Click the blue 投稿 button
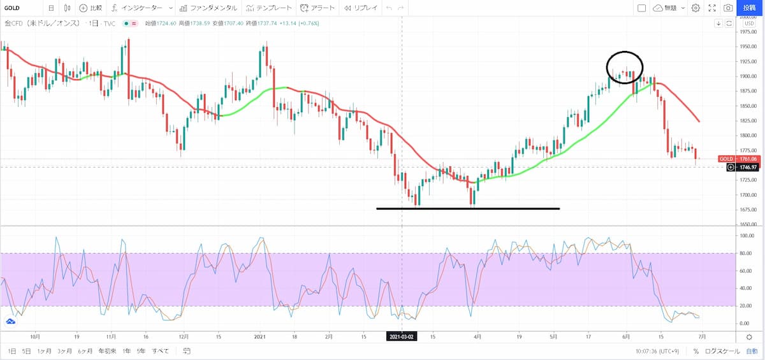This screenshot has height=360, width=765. (749, 8)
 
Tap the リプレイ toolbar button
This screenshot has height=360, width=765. (361, 8)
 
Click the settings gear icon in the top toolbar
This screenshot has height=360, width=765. (696, 8)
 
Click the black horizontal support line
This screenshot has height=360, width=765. (468, 208)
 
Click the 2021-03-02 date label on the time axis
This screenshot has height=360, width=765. (402, 336)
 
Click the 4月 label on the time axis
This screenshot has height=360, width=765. (477, 336)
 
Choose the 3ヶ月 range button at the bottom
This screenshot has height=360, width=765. (64, 351)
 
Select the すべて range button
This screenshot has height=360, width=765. (161, 351)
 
